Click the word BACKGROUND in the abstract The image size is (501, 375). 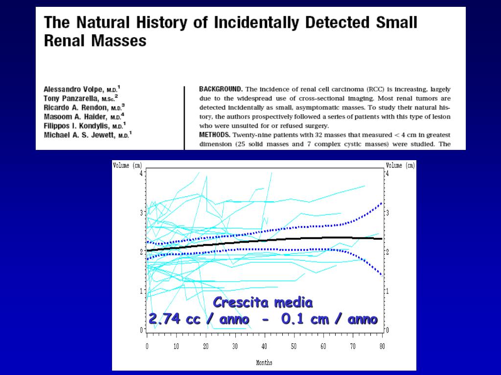[x=221, y=89]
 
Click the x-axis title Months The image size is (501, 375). [x=264, y=362]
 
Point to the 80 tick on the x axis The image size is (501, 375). [x=382, y=346]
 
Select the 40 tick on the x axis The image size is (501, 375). [x=265, y=346]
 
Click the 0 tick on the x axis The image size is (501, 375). [x=147, y=346]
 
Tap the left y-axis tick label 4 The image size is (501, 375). [x=141, y=173]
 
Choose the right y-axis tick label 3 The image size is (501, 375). [x=387, y=213]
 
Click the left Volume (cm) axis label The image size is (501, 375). [x=127, y=166]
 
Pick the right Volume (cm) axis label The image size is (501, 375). [x=400, y=166]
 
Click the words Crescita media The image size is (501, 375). [x=263, y=303]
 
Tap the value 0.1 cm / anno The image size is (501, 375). [x=329, y=319]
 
